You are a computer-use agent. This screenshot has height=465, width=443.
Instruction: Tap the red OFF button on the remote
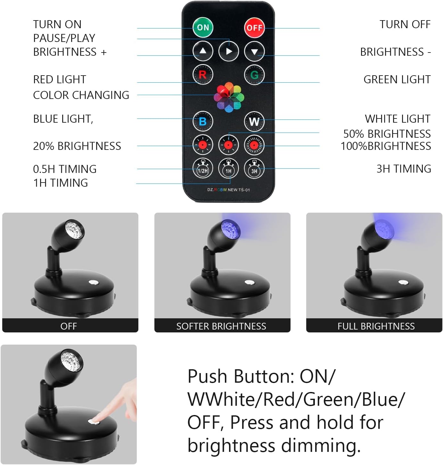(254, 28)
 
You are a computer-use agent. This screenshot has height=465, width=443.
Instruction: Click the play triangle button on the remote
(229, 51)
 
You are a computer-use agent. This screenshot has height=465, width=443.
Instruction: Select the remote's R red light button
(203, 75)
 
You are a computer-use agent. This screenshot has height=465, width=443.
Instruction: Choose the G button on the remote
(254, 75)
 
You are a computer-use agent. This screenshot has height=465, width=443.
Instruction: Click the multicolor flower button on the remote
(229, 97)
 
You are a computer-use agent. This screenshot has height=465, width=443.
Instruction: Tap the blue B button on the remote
(203, 121)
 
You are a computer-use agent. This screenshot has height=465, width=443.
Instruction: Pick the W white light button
(254, 121)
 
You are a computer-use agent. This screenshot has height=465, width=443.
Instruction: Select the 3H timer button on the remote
(254, 168)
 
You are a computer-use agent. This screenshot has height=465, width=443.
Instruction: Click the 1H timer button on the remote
(228, 168)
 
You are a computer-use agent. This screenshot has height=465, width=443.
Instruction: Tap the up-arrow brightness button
(203, 51)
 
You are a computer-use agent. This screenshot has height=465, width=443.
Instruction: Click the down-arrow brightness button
(254, 51)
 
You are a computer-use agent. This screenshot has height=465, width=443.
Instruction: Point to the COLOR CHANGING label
(81, 95)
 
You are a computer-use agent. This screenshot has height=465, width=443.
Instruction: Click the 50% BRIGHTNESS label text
(387, 134)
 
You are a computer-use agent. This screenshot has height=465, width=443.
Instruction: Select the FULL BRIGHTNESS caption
(376, 326)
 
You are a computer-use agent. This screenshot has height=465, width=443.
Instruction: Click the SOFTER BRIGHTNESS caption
(221, 326)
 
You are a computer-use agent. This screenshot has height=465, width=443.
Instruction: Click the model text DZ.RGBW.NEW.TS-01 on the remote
(228, 190)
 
